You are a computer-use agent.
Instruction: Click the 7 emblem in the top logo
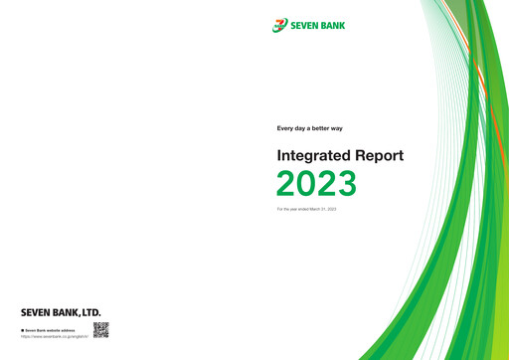pos(279,25)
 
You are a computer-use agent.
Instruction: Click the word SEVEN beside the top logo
pos(307,26)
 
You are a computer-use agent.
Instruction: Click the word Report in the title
pos(377,156)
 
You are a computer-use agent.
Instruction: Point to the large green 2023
pos(316,184)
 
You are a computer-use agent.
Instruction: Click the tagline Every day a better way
pos(309,128)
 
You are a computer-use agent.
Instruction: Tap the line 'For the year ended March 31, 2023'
pos(306,209)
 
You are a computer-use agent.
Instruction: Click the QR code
pos(100,330)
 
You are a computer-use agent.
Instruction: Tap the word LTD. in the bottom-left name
pos(88,312)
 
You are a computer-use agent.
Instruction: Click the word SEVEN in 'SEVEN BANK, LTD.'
pos(35,312)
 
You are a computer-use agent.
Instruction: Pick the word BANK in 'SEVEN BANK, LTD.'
pos(65,312)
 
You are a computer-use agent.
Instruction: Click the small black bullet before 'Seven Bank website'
pos(22,329)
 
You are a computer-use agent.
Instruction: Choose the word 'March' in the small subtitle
pos(315,209)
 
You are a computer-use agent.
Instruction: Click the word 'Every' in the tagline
pos(284,128)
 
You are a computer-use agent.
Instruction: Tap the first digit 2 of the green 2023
pos(286,184)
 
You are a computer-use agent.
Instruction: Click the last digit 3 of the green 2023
pos(346,184)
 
